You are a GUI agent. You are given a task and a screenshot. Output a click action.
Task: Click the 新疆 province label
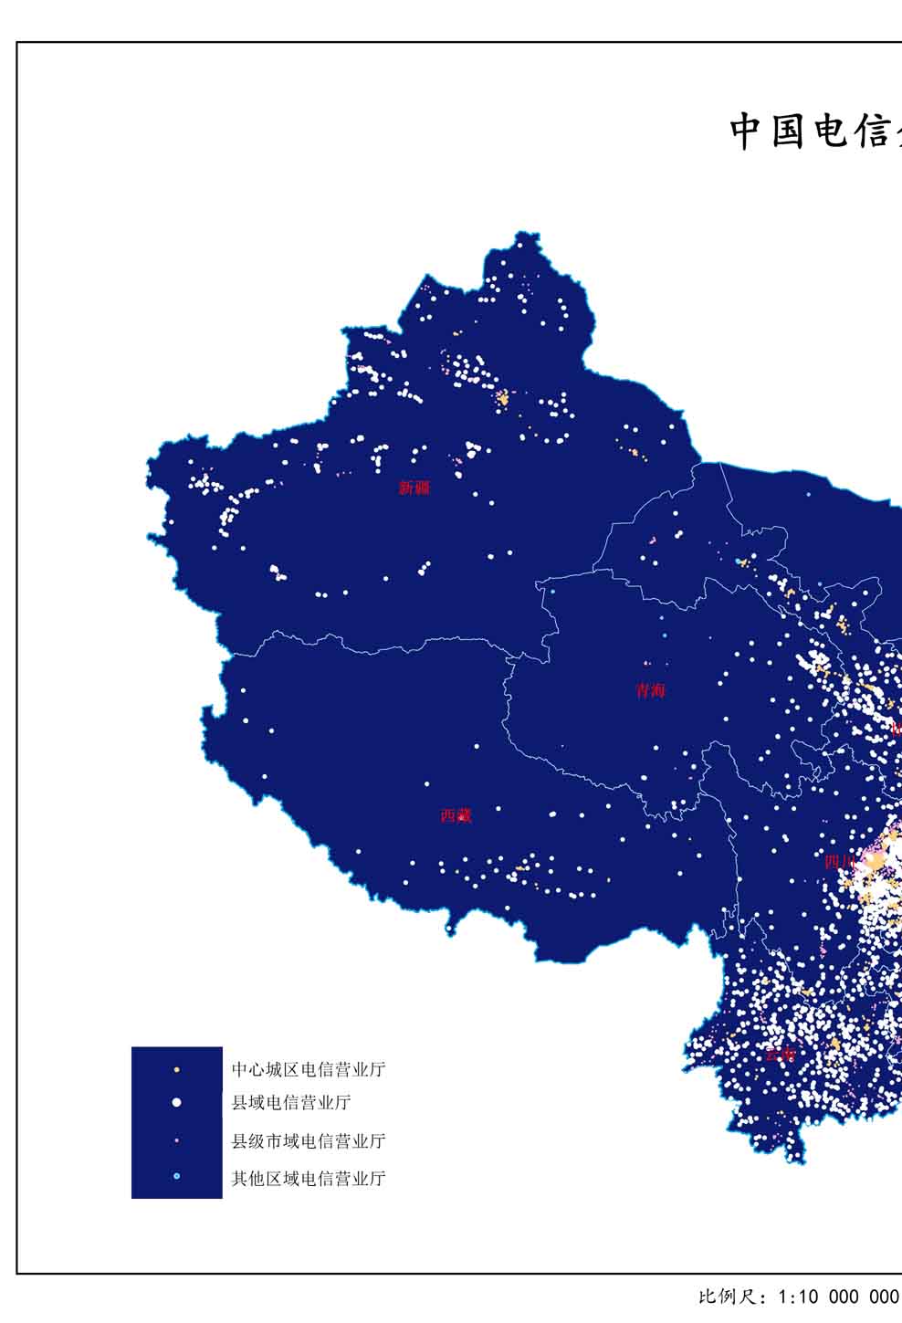tap(414, 488)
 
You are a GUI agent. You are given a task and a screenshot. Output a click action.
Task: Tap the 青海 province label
tap(651, 690)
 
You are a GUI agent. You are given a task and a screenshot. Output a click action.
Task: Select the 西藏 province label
tap(456, 815)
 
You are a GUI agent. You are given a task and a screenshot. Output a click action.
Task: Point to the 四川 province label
tap(839, 861)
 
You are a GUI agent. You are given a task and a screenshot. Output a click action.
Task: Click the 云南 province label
tap(780, 1055)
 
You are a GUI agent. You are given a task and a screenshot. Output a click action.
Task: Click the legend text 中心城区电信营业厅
tap(309, 1069)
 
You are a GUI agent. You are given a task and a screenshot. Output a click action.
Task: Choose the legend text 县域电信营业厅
tap(291, 1103)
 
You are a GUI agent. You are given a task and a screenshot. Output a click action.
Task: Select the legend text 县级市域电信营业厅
tap(309, 1140)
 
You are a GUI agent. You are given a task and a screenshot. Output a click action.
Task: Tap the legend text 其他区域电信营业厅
tap(309, 1178)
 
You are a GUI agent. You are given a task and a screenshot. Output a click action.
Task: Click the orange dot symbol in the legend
tap(176, 1069)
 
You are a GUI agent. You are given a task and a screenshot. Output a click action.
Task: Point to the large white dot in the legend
tap(176, 1103)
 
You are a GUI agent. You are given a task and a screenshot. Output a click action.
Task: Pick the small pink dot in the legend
tap(176, 1140)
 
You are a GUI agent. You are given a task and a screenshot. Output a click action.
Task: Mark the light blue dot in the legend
tap(176, 1177)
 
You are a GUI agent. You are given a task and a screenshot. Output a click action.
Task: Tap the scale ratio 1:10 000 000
tap(838, 1297)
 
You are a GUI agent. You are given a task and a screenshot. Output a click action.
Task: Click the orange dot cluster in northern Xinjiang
tap(502, 399)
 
